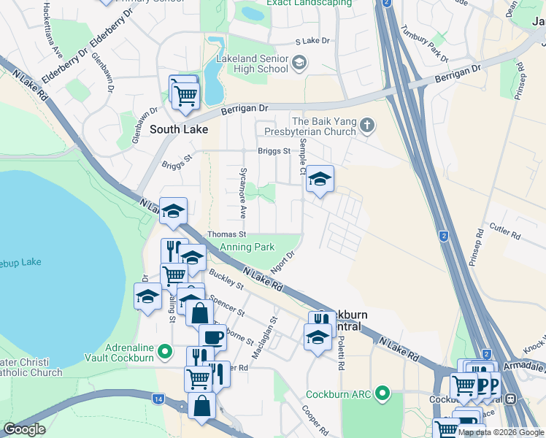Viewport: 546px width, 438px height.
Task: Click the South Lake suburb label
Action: [178, 129]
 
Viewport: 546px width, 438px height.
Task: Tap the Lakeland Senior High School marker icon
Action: [298, 64]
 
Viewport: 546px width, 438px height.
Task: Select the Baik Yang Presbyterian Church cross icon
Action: [367, 127]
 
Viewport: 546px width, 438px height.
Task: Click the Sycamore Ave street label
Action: [243, 192]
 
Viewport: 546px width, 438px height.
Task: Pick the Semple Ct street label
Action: [302, 157]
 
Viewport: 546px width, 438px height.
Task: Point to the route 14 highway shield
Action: [158, 399]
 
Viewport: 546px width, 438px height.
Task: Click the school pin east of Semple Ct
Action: [319, 179]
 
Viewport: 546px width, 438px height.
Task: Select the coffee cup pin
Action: [212, 338]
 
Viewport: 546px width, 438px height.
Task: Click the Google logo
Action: [24, 429]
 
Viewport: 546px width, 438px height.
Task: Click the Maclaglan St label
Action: [274, 327]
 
